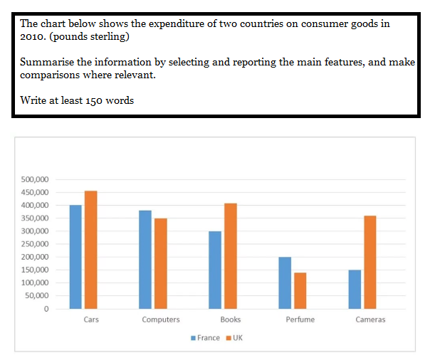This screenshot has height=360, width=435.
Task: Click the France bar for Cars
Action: [75, 257]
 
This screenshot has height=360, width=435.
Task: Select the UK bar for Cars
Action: [90, 250]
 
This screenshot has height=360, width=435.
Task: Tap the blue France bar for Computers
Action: [145, 260]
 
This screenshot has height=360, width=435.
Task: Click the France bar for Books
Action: [215, 270]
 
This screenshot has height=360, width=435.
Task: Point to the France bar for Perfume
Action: [285, 283]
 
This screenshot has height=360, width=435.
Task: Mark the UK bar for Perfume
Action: [300, 291]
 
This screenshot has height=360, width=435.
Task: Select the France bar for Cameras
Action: [355, 290]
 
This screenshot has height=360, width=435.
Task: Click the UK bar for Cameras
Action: [370, 263]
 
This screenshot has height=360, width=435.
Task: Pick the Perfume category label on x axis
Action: [300, 319]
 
